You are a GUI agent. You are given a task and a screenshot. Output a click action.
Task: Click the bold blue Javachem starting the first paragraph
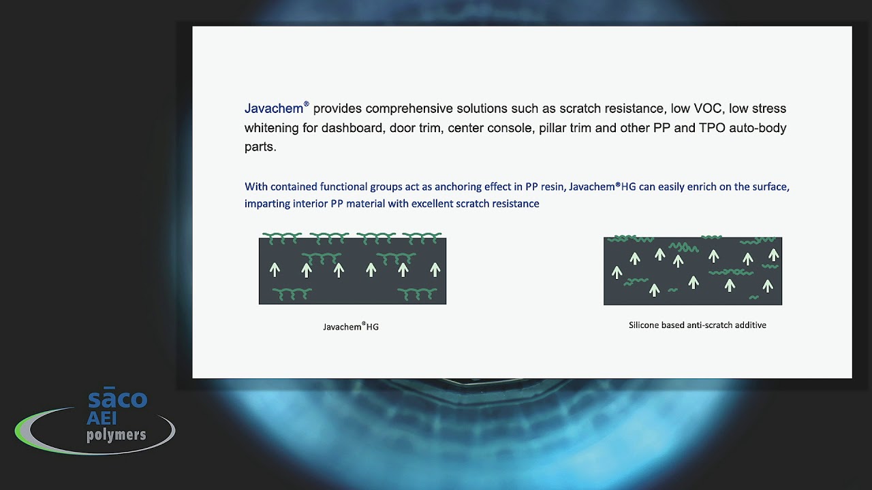click(273, 109)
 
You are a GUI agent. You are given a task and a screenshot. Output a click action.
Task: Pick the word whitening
click(272, 128)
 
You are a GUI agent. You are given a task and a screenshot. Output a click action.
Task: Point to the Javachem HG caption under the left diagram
click(351, 327)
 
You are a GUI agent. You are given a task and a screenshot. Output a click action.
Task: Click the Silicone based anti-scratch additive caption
click(697, 325)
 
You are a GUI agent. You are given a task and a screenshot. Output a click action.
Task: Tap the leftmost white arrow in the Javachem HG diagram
click(275, 269)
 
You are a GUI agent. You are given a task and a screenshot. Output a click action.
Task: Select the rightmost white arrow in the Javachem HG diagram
click(435, 269)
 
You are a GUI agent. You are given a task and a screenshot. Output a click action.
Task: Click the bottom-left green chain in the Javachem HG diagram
click(292, 293)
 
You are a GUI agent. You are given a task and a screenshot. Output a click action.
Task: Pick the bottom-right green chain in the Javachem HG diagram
click(417, 293)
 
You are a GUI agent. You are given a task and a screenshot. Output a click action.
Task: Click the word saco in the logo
click(117, 399)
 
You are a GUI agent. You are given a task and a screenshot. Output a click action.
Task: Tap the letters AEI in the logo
click(102, 419)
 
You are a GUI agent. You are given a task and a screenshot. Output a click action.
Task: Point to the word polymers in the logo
click(116, 434)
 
